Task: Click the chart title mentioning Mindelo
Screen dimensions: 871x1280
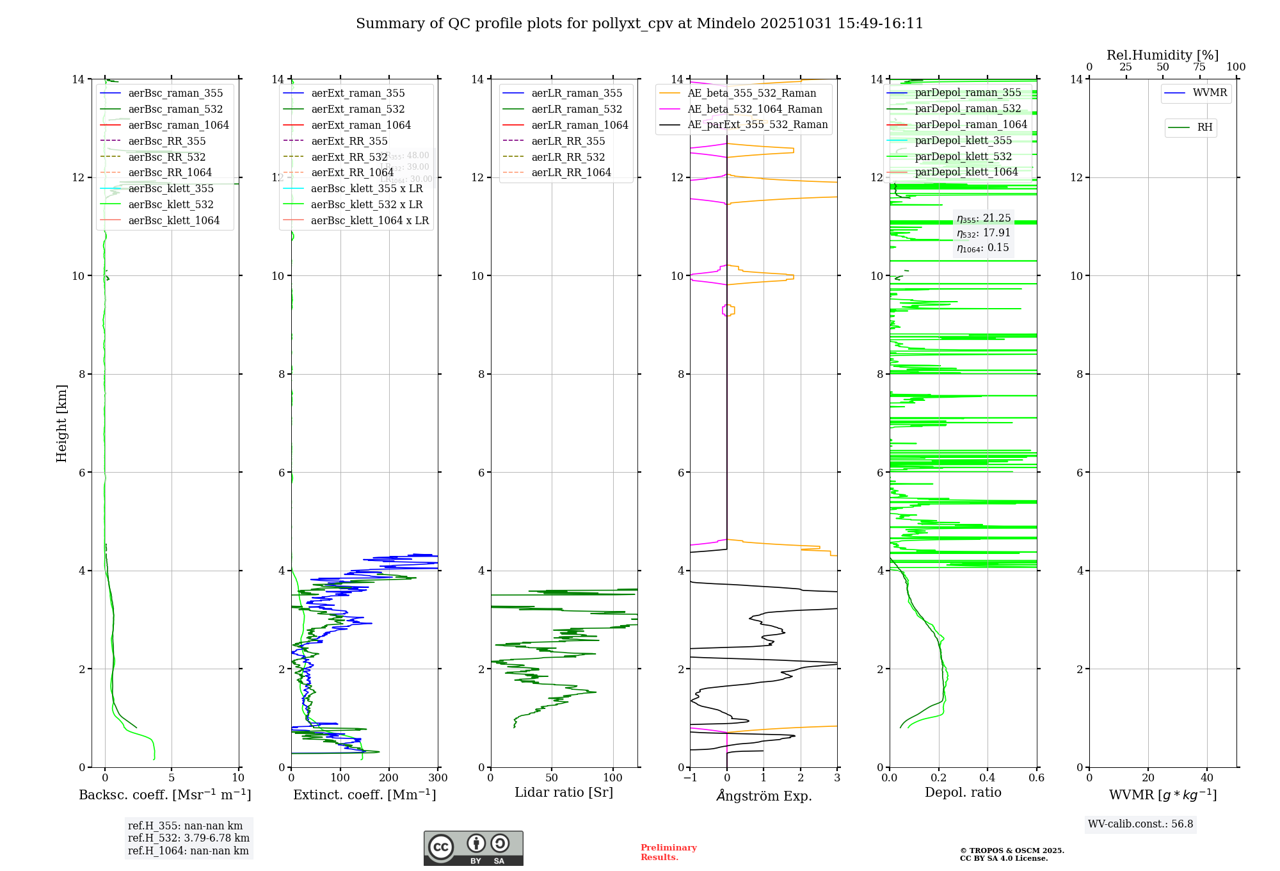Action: click(x=639, y=24)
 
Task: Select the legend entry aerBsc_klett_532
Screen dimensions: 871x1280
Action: click(x=170, y=205)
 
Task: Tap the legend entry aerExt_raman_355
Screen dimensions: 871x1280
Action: click(x=358, y=94)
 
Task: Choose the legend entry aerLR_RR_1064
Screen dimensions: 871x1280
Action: click(x=571, y=173)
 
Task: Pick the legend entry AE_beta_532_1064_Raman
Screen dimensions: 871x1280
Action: click(x=755, y=110)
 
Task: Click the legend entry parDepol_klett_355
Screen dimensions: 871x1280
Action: click(x=963, y=141)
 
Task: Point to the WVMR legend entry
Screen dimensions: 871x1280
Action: click(x=1210, y=93)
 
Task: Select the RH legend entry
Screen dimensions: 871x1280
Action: click(x=1204, y=127)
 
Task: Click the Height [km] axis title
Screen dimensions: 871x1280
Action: click(x=61, y=423)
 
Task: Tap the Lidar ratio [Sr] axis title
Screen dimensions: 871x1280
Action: click(x=564, y=793)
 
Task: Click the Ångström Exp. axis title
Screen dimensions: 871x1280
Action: click(x=764, y=796)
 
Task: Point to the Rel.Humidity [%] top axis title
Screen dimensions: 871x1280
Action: click(x=1162, y=55)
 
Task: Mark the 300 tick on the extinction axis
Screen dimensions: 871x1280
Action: click(x=438, y=778)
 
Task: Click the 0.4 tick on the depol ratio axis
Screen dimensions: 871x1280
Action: click(x=988, y=778)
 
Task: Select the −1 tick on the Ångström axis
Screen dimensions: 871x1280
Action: click(x=689, y=778)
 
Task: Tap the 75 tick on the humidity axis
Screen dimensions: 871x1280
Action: click(x=1199, y=67)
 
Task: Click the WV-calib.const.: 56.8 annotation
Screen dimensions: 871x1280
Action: click(x=1140, y=824)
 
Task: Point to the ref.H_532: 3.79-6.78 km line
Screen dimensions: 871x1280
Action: click(x=189, y=838)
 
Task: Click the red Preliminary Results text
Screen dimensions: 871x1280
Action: click(x=668, y=852)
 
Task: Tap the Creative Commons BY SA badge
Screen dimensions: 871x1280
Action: click(x=473, y=849)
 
